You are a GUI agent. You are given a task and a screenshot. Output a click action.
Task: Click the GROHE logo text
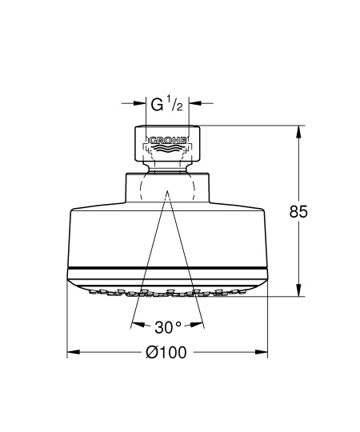[x=167, y=140]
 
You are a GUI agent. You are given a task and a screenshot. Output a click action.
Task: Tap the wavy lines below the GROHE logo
[x=167, y=149]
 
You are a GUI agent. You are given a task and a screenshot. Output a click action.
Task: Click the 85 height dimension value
[x=298, y=212]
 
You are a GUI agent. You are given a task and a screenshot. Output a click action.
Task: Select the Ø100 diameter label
[x=166, y=352]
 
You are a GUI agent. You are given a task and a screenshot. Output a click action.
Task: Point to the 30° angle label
[x=168, y=327]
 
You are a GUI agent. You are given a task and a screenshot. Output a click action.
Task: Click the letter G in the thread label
[x=157, y=105]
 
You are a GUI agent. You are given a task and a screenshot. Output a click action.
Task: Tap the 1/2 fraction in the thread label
[x=175, y=105]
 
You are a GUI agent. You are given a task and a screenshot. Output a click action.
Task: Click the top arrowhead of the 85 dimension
[x=298, y=131]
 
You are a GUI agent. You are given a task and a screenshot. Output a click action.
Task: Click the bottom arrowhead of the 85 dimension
[x=298, y=290]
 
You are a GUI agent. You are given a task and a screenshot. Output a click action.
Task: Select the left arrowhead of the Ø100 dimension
[x=74, y=352]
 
